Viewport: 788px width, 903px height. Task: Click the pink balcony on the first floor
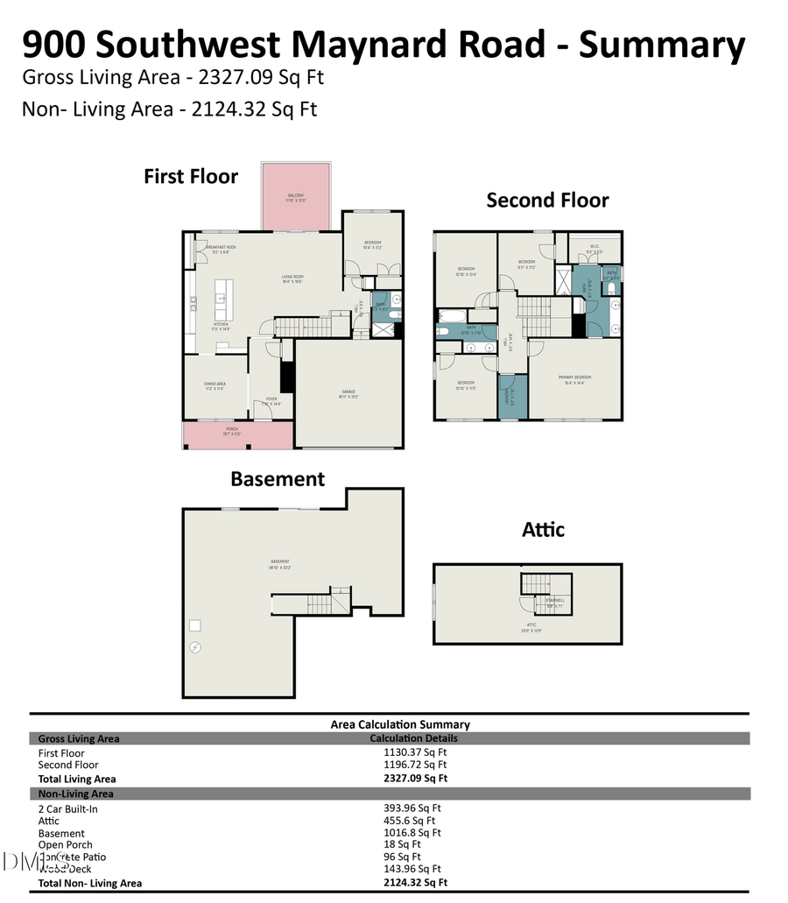pyautogui.click(x=296, y=197)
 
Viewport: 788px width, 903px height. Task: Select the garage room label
pyautogui.click(x=348, y=392)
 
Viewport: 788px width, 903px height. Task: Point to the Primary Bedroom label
pyautogui.click(x=574, y=378)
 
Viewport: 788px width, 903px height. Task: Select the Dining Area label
pyautogui.click(x=215, y=384)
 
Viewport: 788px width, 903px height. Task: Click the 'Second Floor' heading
pyautogui.click(x=547, y=201)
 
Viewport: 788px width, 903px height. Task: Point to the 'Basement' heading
pyautogui.click(x=278, y=479)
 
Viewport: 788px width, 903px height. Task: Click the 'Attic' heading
pyautogui.click(x=543, y=529)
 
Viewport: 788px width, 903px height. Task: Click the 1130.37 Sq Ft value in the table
pyautogui.click(x=415, y=752)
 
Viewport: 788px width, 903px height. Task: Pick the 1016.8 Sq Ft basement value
pyautogui.click(x=412, y=833)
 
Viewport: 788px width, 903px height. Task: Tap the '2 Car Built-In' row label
pyautogui.click(x=68, y=808)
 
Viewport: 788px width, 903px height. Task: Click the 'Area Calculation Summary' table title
pyautogui.click(x=400, y=724)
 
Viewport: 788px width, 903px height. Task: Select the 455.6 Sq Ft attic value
pyautogui.click(x=410, y=821)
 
